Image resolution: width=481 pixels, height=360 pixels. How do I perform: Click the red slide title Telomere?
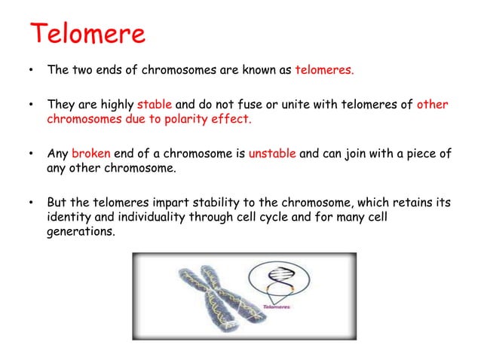click(x=87, y=33)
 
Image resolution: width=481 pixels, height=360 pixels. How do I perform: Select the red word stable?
click(x=155, y=105)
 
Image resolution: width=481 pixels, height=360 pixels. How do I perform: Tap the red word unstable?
click(x=272, y=154)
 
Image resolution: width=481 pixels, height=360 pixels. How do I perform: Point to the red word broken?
click(x=91, y=154)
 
